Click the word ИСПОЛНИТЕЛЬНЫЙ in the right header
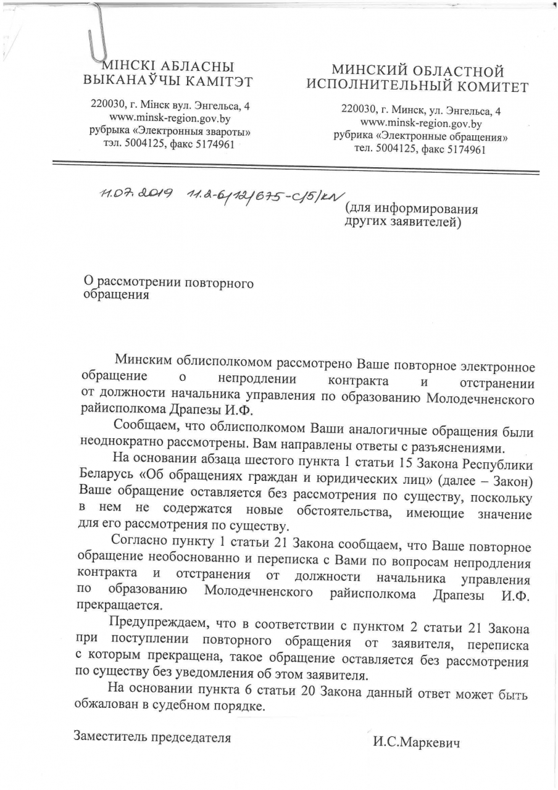pos(379,87)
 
